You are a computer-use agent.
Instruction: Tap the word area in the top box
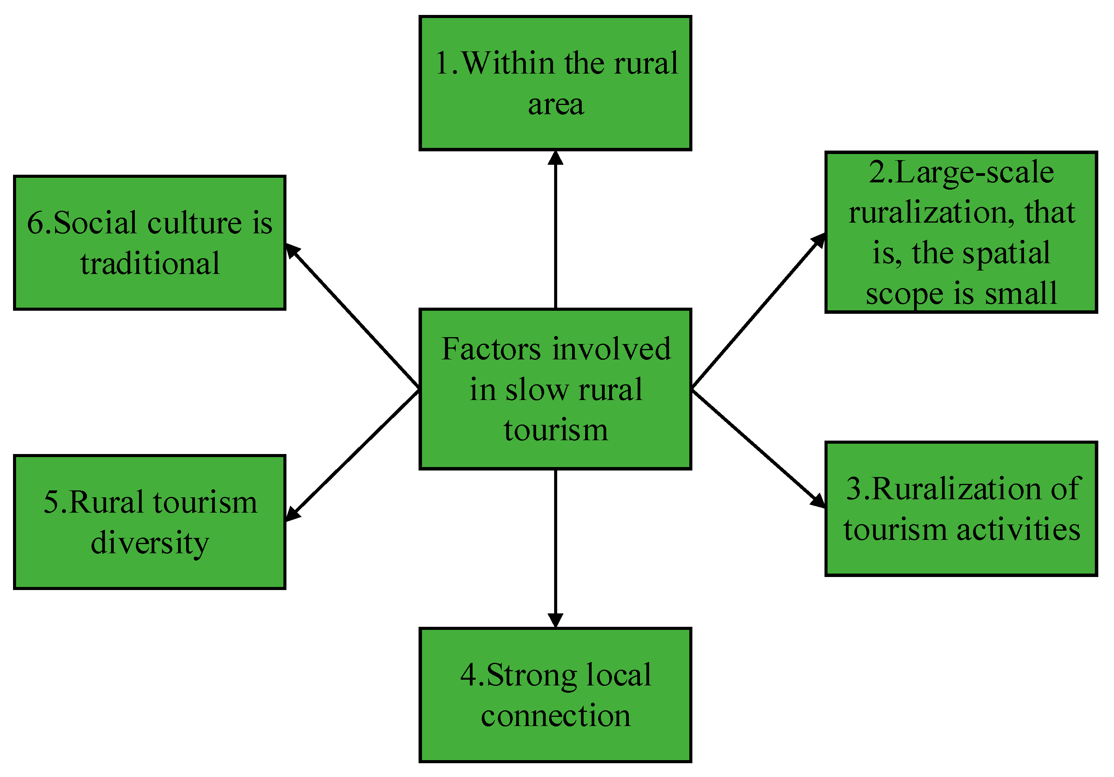(556, 104)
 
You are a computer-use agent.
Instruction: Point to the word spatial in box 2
(1006, 254)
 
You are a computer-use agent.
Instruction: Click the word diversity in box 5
(150, 544)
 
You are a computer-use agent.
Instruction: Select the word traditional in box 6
(150, 264)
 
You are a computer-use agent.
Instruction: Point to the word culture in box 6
(195, 223)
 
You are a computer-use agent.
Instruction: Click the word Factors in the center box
(491, 349)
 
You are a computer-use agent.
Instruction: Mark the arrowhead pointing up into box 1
(556, 158)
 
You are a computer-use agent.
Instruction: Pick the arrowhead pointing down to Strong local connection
(556, 620)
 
